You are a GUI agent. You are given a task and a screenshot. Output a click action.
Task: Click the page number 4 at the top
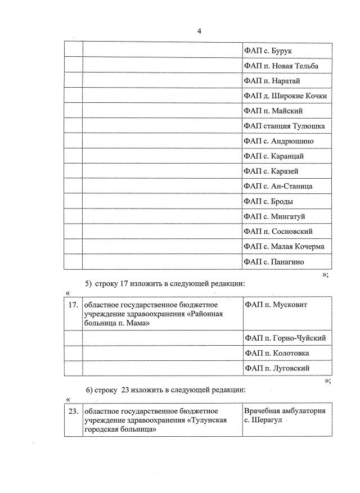point(199,31)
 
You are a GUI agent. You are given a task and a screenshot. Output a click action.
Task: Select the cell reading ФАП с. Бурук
point(267,51)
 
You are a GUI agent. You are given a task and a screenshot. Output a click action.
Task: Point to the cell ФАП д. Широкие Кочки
point(285,96)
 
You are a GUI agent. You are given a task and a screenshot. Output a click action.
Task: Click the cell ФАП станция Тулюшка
point(284,126)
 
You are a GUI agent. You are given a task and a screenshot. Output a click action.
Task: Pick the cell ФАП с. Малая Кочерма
point(284,246)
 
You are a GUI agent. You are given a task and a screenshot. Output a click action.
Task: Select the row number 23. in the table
point(73,411)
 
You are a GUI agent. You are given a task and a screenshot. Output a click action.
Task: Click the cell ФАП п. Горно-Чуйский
point(285,338)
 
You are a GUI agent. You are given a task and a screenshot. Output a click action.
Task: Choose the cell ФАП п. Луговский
point(277,368)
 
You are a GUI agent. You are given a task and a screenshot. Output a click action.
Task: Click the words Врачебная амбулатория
point(285,411)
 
